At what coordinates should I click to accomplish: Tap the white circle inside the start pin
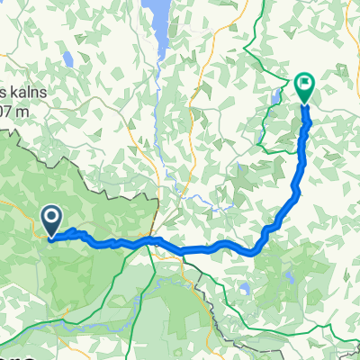pyautogui.click(x=50, y=217)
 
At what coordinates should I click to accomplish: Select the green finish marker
pyautogui.click(x=304, y=88)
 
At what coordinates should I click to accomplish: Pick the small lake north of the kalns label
pyautogui.click(x=67, y=61)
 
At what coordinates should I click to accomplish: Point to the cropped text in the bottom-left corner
pyautogui.click(x=18, y=356)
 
